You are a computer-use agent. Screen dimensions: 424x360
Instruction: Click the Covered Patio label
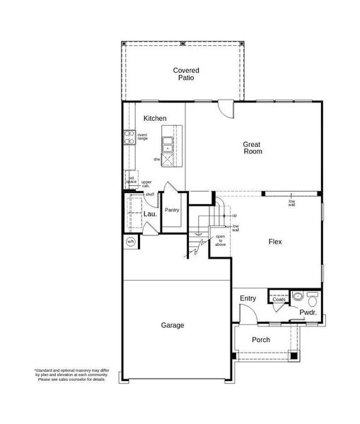[x=186, y=73]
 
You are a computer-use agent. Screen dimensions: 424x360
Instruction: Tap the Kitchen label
[x=155, y=118]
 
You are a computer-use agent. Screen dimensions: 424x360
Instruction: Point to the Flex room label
[x=275, y=242]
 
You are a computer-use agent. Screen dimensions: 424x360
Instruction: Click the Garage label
[x=172, y=325]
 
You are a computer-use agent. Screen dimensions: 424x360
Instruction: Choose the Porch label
[x=261, y=340]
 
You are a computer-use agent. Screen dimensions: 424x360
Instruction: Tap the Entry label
[x=248, y=298]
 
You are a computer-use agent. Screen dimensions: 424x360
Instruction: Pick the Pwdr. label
[x=307, y=312]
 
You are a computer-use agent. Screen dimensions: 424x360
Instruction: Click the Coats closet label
[x=279, y=300]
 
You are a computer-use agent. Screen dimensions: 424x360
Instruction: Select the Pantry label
[x=172, y=210]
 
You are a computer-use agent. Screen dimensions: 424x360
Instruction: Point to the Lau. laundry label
[x=150, y=213]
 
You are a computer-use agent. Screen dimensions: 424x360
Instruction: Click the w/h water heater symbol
[x=131, y=242]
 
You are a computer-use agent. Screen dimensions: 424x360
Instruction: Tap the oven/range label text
[x=142, y=137]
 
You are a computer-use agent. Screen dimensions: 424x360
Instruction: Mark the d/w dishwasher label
[x=156, y=159]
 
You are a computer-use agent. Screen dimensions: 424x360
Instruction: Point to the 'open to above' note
[x=221, y=240]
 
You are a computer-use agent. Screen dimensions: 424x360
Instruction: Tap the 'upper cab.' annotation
[x=146, y=184]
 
